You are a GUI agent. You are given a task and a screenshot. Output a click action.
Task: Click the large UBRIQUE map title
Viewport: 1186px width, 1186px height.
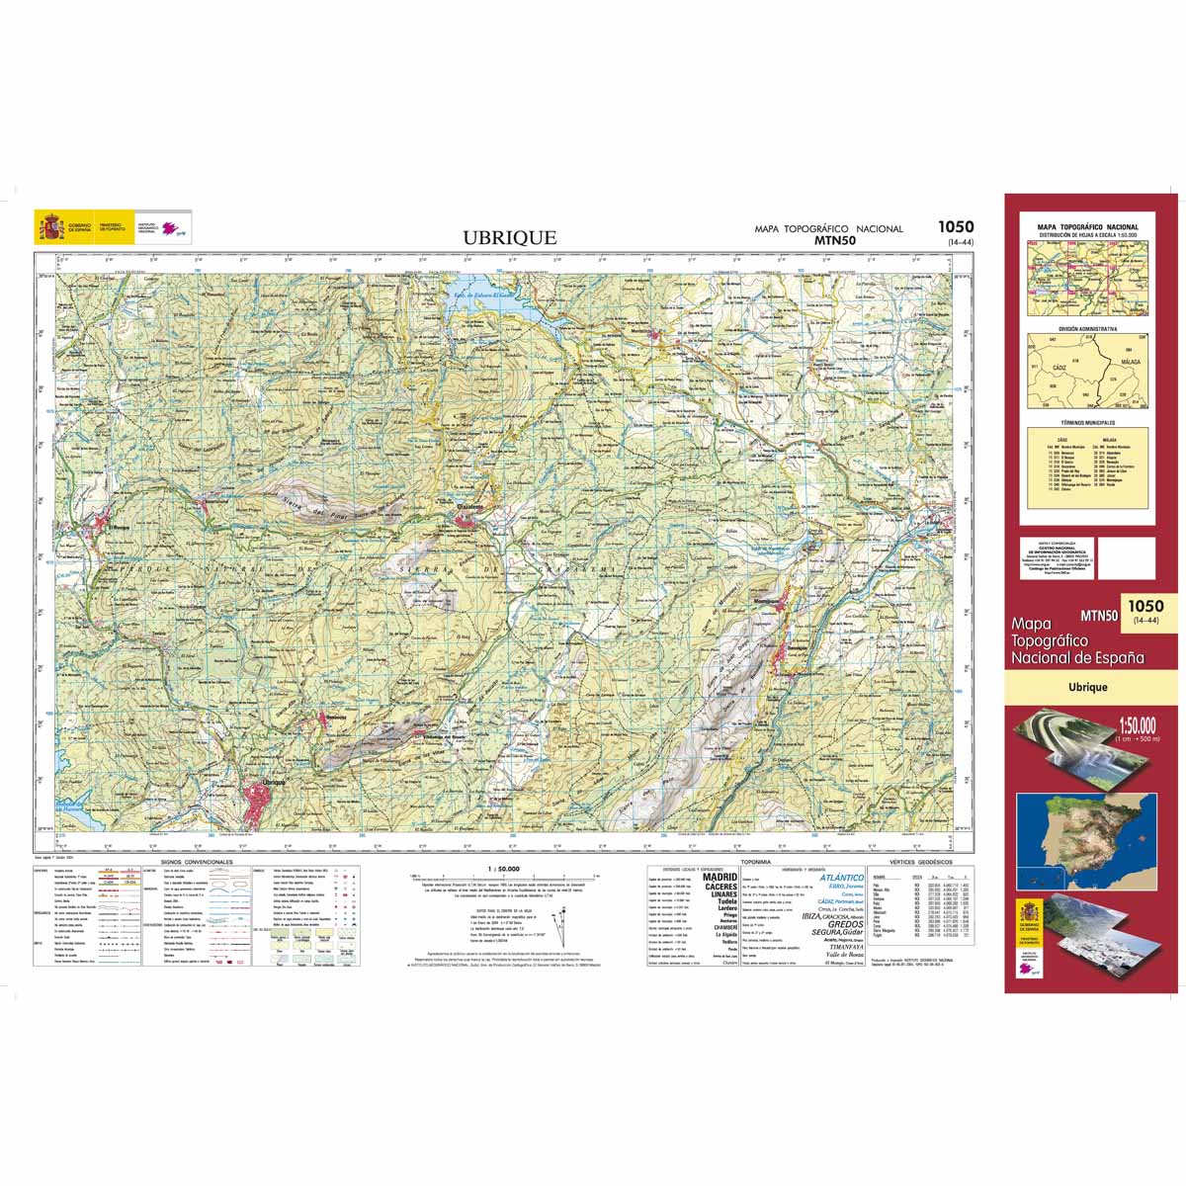510,237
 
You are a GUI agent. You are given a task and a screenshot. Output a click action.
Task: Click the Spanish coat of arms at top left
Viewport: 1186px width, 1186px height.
48,227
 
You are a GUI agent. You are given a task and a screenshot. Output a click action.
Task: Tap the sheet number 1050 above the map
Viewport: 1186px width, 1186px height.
956,226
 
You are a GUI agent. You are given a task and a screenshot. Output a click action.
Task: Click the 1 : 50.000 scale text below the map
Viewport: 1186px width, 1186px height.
503,870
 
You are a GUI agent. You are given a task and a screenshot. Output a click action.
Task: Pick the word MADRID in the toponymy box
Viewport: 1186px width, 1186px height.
719,877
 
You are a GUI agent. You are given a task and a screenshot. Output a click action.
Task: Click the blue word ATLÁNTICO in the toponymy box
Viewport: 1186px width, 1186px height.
842,878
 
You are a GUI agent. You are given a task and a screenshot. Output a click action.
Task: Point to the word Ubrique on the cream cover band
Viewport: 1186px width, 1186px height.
1087,687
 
